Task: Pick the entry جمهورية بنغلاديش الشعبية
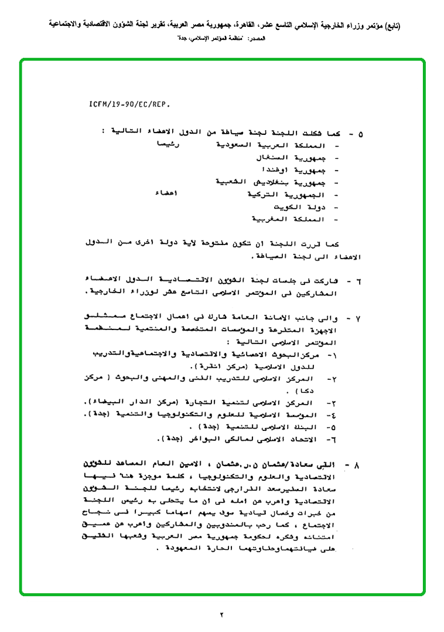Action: (270, 183)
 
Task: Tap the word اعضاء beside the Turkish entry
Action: (168, 193)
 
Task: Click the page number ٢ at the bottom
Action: (222, 615)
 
